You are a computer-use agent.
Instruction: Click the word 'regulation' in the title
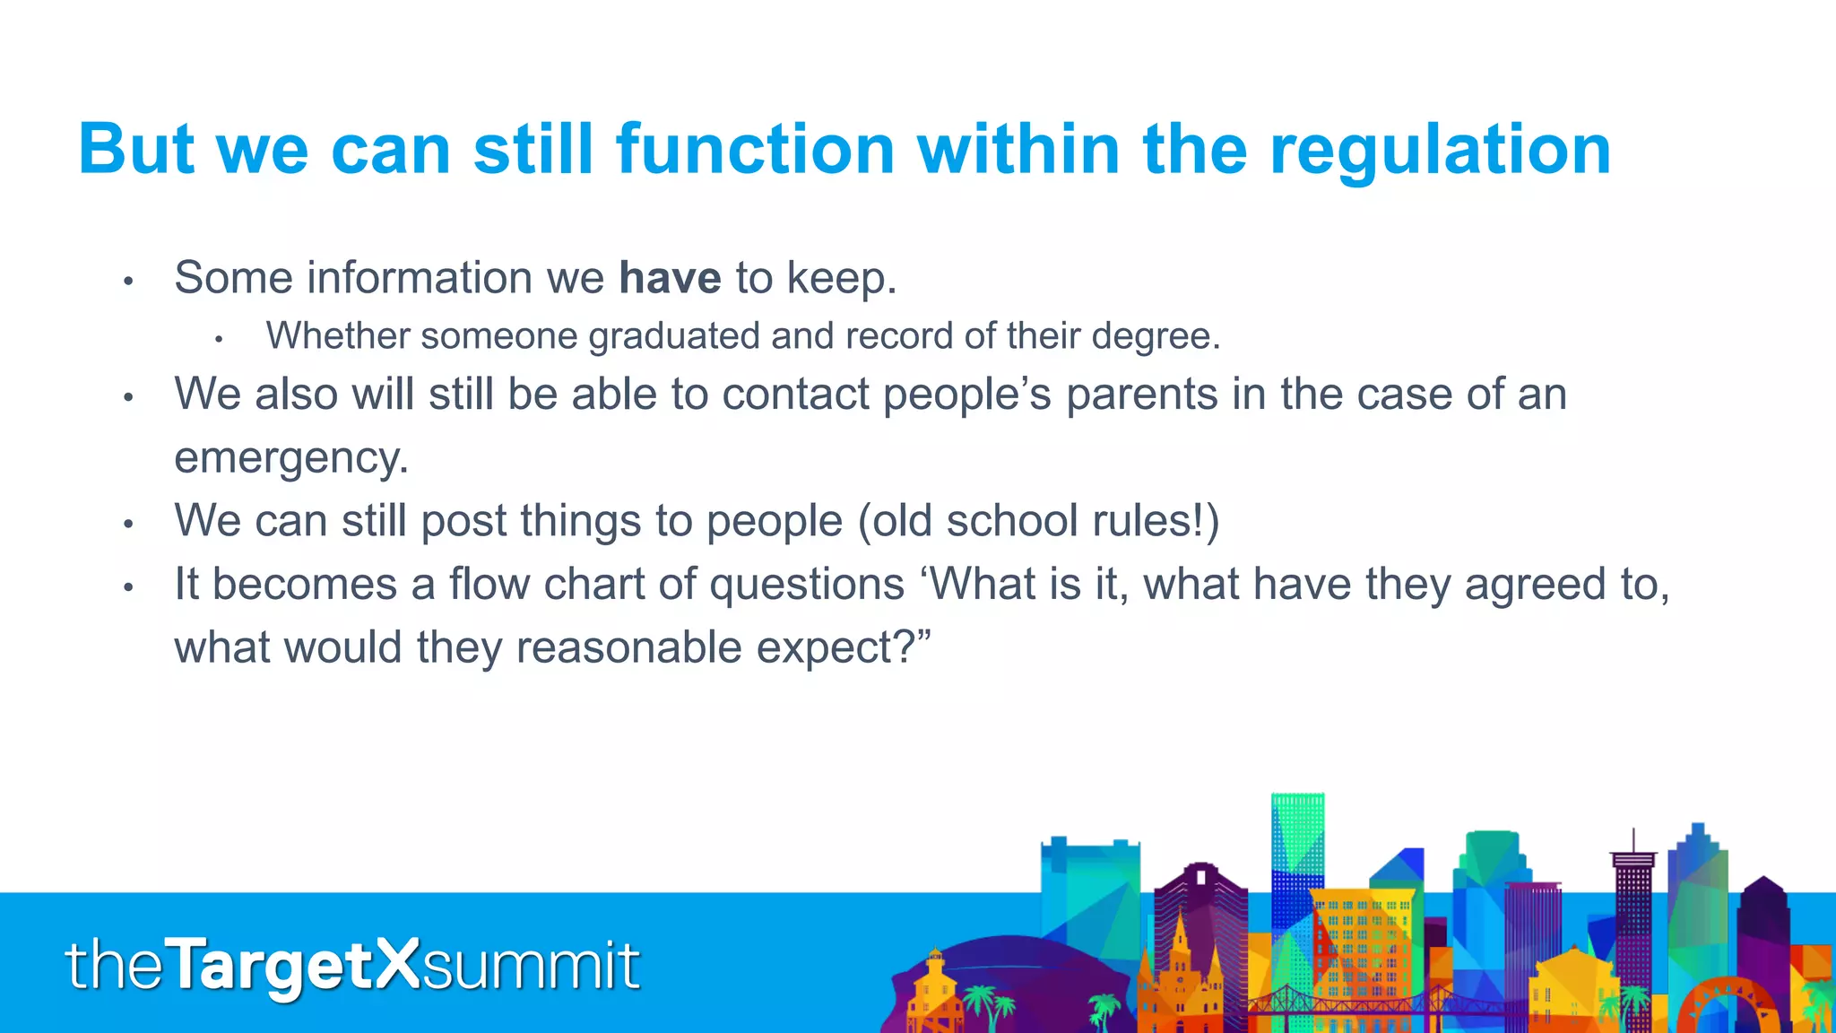(1440, 150)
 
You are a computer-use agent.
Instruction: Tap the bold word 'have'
(670, 277)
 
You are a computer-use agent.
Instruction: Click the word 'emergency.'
(290, 458)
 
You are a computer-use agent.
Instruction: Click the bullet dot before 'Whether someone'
(218, 340)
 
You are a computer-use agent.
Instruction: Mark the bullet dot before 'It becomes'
(128, 587)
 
